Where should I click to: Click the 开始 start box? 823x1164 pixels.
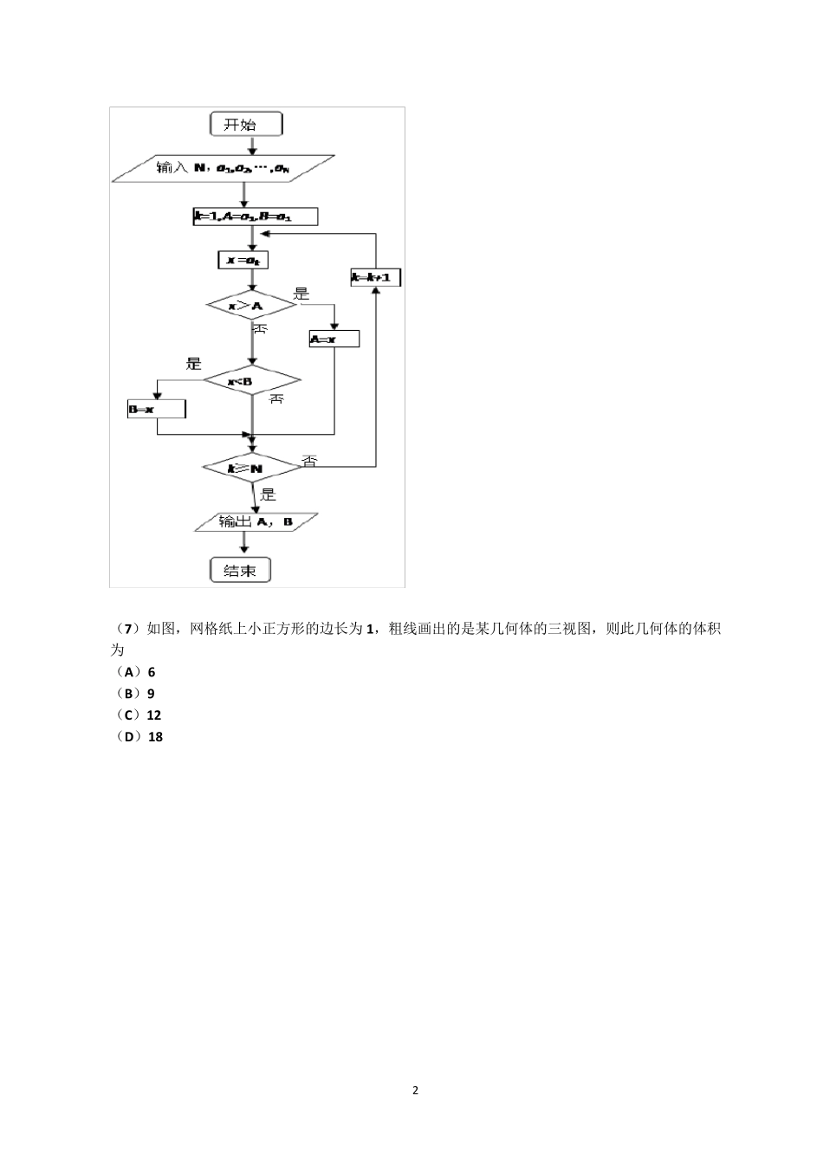(x=246, y=125)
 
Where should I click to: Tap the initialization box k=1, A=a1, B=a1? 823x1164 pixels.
(x=255, y=216)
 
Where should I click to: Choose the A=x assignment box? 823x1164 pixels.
(x=334, y=339)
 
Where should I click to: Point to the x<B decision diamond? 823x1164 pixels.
(x=251, y=381)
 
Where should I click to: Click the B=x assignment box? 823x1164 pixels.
(x=156, y=408)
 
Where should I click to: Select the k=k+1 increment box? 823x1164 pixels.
(x=375, y=278)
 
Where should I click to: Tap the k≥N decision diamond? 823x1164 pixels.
(x=251, y=468)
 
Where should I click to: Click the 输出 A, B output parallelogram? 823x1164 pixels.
(x=256, y=522)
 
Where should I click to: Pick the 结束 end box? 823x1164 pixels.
(x=240, y=570)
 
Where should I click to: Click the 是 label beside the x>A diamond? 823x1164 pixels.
(x=301, y=294)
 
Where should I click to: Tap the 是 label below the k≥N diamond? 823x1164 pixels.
(x=268, y=494)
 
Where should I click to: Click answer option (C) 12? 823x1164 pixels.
(x=139, y=715)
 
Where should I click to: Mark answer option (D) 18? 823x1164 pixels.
(x=139, y=737)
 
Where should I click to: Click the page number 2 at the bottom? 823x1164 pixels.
(x=415, y=1090)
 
